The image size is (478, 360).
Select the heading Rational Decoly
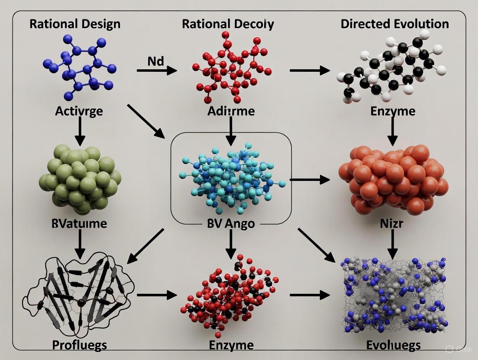[x=228, y=23]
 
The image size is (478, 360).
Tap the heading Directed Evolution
[x=394, y=23]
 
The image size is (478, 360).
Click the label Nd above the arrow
[x=156, y=61]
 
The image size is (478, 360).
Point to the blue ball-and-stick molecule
[x=82, y=67]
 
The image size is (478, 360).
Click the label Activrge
[x=79, y=111]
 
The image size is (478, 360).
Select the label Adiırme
[x=231, y=111]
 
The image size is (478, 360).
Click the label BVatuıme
[x=80, y=225]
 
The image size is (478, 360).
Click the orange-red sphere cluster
[x=393, y=177]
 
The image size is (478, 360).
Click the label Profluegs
[x=79, y=345]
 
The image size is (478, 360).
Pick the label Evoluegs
[x=393, y=345]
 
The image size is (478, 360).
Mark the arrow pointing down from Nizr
[x=392, y=245]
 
